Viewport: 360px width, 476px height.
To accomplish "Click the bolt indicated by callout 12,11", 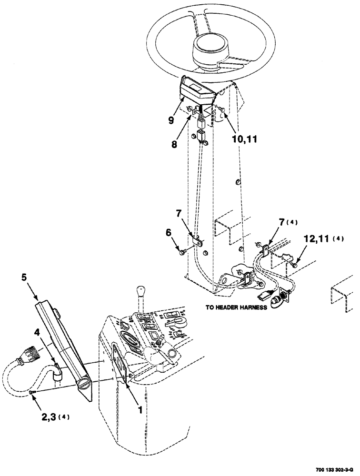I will pos(296,263).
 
